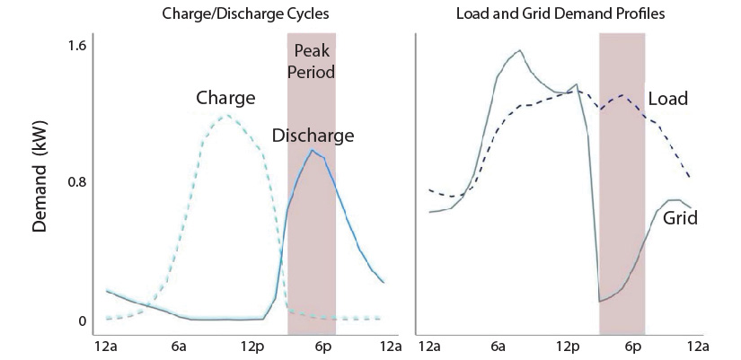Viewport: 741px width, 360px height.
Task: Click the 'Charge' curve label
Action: (x=225, y=97)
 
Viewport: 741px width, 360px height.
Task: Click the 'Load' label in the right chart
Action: (x=667, y=98)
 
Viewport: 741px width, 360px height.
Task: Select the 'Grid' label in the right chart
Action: (x=680, y=217)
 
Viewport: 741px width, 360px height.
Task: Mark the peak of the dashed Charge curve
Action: (x=226, y=115)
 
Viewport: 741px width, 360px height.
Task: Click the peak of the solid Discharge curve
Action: (x=312, y=150)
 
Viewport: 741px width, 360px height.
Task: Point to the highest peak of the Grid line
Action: (x=519, y=50)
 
